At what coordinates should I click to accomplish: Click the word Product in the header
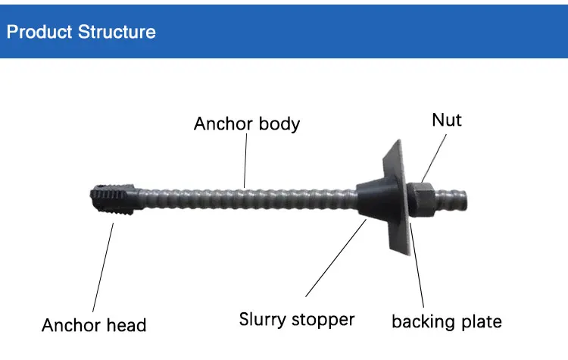pos(39,33)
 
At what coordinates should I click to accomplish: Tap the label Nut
pos(447,119)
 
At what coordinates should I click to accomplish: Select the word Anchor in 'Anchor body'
pos(220,124)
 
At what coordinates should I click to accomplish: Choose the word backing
pos(422,321)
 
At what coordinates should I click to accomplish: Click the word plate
pos(480,321)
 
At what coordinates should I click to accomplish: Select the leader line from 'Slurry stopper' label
pos(334,258)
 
